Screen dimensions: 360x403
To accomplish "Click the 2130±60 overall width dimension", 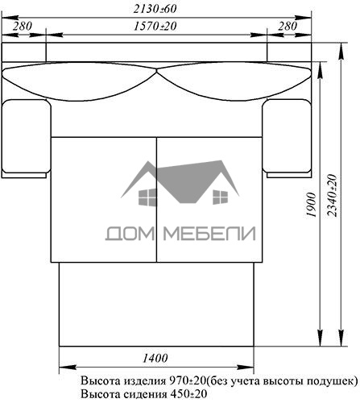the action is (155, 9).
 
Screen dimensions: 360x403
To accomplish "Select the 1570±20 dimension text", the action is (155, 26).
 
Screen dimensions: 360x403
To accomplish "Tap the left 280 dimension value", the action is (23, 26).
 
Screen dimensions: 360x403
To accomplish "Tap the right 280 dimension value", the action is (288, 26).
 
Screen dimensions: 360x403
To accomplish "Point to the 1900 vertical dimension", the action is (312, 205).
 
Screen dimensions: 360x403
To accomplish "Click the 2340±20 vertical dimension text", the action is (332, 195).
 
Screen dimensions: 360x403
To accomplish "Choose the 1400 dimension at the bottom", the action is (155, 358).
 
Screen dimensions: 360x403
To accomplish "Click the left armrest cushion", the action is (26, 136).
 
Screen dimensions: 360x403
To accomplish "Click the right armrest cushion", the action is (287, 136).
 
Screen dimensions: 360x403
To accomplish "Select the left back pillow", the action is (79, 81).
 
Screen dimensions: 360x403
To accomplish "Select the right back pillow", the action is (234, 81).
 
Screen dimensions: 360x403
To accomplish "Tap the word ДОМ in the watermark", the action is (130, 233).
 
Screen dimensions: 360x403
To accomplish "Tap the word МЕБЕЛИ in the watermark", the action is (209, 233).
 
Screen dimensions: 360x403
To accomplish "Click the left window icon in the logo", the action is (147, 197).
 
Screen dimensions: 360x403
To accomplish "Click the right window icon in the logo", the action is (220, 197).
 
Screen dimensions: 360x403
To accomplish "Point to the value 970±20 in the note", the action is (188, 380).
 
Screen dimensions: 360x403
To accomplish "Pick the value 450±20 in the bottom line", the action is (188, 394).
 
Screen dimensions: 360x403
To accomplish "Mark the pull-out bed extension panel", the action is (156, 304).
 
